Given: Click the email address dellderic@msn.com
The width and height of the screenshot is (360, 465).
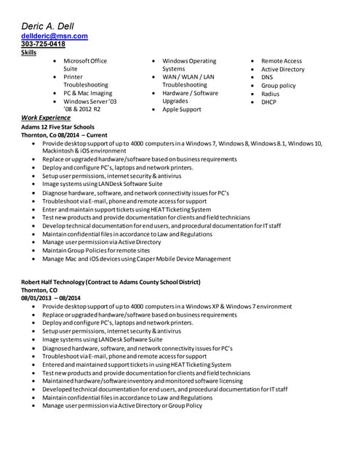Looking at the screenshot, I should pyautogui.click(x=55, y=36).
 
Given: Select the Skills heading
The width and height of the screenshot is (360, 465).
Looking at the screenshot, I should pyautogui.click(x=29, y=53).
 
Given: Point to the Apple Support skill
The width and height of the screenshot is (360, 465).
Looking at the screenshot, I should pyautogui.click(x=181, y=110).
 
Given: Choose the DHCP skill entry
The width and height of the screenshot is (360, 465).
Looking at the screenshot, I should pyautogui.click(x=270, y=102).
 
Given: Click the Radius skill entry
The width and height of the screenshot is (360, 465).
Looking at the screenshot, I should pyautogui.click(x=270, y=94).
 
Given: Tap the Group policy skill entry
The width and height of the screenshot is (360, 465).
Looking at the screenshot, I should pyautogui.click(x=279, y=86).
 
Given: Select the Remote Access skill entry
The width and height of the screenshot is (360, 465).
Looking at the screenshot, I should pyautogui.click(x=281, y=61).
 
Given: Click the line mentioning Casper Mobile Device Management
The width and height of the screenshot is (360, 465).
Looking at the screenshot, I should pyautogui.click(x=137, y=259).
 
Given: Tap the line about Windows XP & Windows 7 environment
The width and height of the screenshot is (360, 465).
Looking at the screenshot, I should pyautogui.click(x=167, y=307).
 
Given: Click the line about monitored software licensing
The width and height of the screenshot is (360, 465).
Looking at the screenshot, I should pyautogui.click(x=143, y=381).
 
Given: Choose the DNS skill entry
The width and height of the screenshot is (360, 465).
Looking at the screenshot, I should pyautogui.click(x=267, y=77).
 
